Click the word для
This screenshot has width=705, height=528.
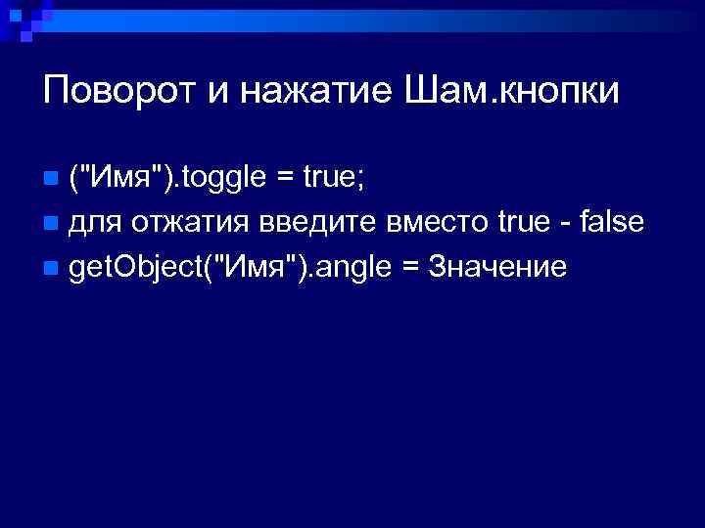click(x=95, y=223)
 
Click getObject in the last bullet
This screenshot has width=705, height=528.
click(x=130, y=266)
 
